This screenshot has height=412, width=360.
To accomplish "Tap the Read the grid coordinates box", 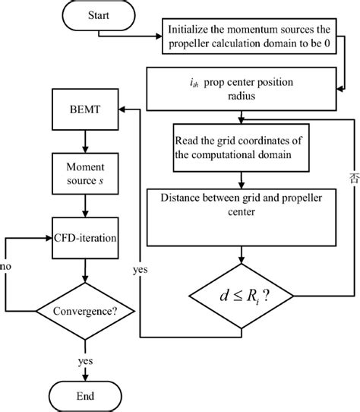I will (242, 147).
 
